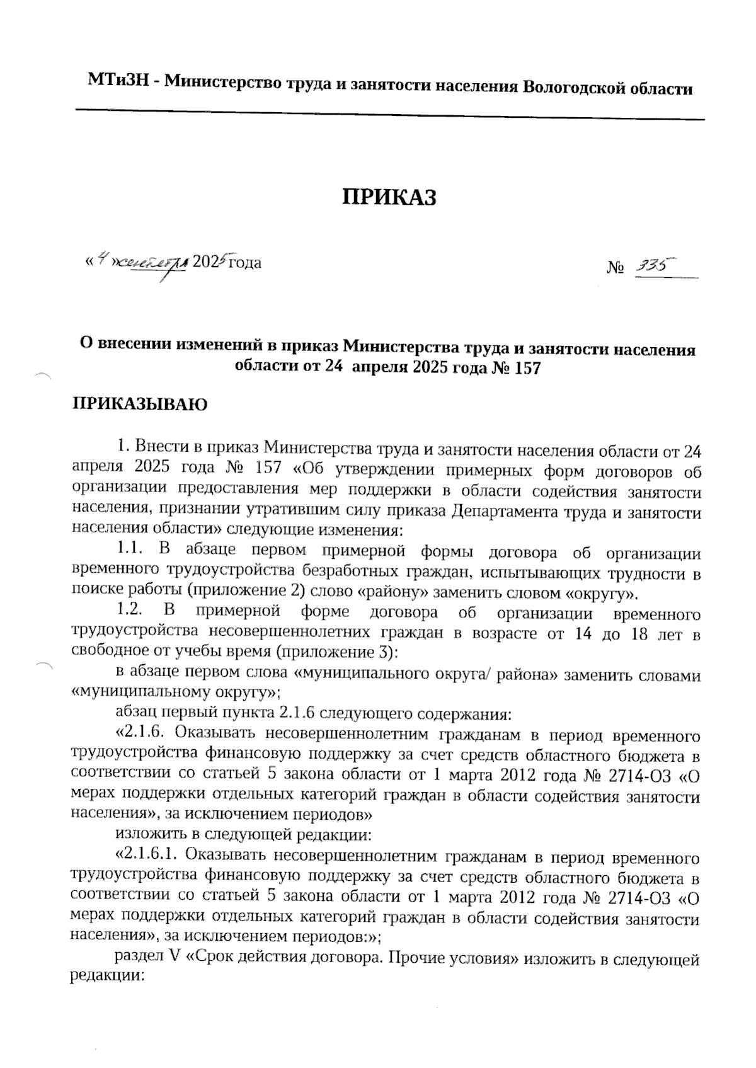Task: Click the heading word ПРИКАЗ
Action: point(389,197)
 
